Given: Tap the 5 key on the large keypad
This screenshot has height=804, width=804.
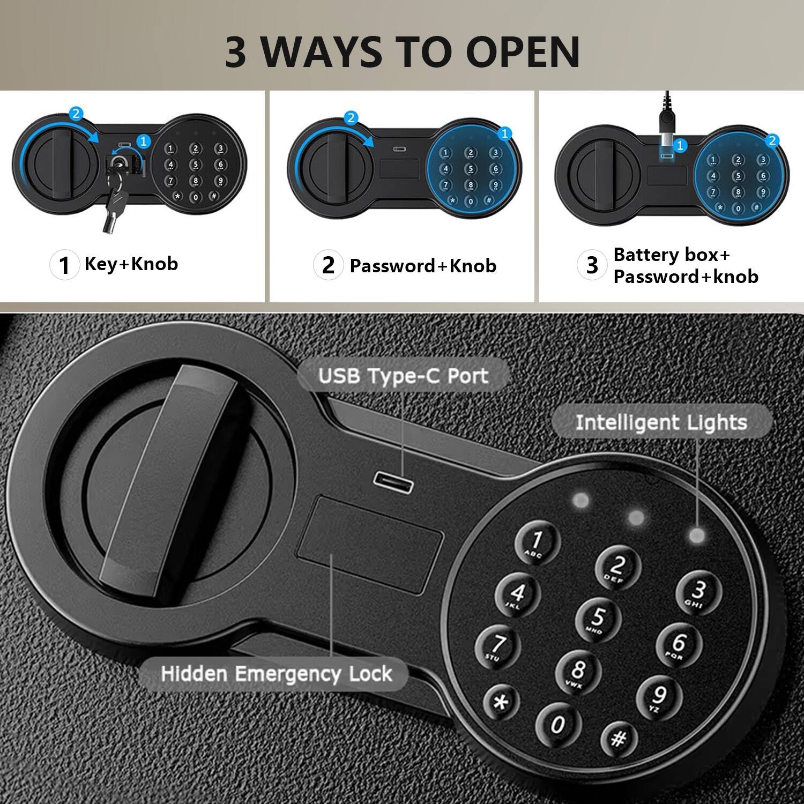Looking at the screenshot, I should (x=598, y=618).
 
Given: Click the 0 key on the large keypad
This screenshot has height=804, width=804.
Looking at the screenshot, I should (x=558, y=724).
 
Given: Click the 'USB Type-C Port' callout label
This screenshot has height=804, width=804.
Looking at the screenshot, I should (x=403, y=376).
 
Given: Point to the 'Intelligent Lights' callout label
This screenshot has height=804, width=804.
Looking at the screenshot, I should (x=661, y=422).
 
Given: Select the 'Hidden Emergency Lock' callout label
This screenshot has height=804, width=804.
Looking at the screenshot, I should (x=277, y=674).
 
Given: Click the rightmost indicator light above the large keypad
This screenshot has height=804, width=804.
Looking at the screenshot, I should (x=696, y=534).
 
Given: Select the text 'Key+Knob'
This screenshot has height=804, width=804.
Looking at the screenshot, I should (x=131, y=264).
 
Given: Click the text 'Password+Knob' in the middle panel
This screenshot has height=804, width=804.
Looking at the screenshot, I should (x=423, y=266).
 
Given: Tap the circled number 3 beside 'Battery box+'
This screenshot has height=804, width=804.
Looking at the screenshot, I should (x=592, y=265).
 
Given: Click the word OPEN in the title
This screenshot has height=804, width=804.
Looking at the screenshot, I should (x=523, y=53).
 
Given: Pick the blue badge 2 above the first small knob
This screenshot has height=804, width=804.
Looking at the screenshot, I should (x=76, y=113).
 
